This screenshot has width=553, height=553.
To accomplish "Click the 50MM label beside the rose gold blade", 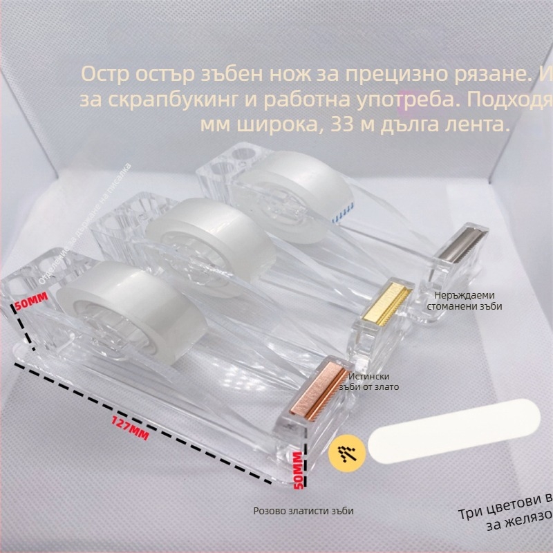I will pyautogui.click(x=298, y=471).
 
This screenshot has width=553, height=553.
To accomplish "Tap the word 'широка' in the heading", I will pyautogui.click(x=275, y=125).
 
